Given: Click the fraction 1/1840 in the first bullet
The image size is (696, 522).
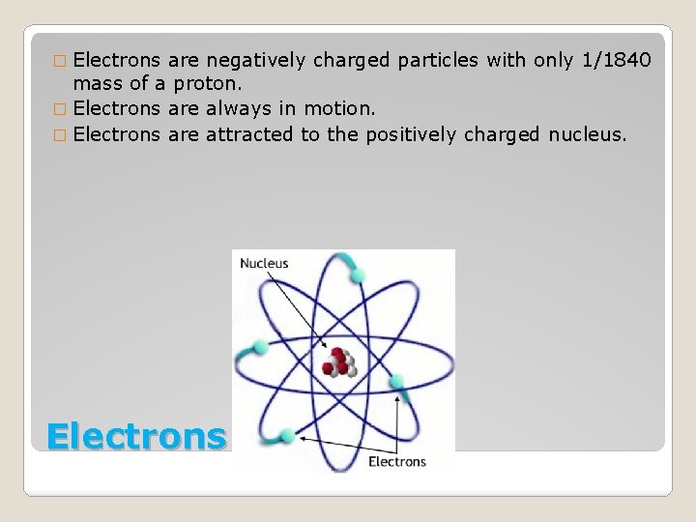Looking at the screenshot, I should click(x=616, y=61).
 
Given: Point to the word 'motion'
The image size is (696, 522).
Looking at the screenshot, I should click(x=330, y=109).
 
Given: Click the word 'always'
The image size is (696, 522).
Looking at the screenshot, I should click(x=236, y=109).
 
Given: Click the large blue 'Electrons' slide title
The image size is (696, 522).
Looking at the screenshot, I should click(x=135, y=436).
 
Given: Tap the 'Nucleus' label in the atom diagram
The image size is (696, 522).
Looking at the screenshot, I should click(x=264, y=263).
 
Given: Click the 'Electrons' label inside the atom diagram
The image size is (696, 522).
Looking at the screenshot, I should click(x=396, y=461).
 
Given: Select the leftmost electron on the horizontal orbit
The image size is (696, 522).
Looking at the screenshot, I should click(x=260, y=346).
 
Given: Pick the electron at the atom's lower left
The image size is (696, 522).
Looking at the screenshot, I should click(x=286, y=434).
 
